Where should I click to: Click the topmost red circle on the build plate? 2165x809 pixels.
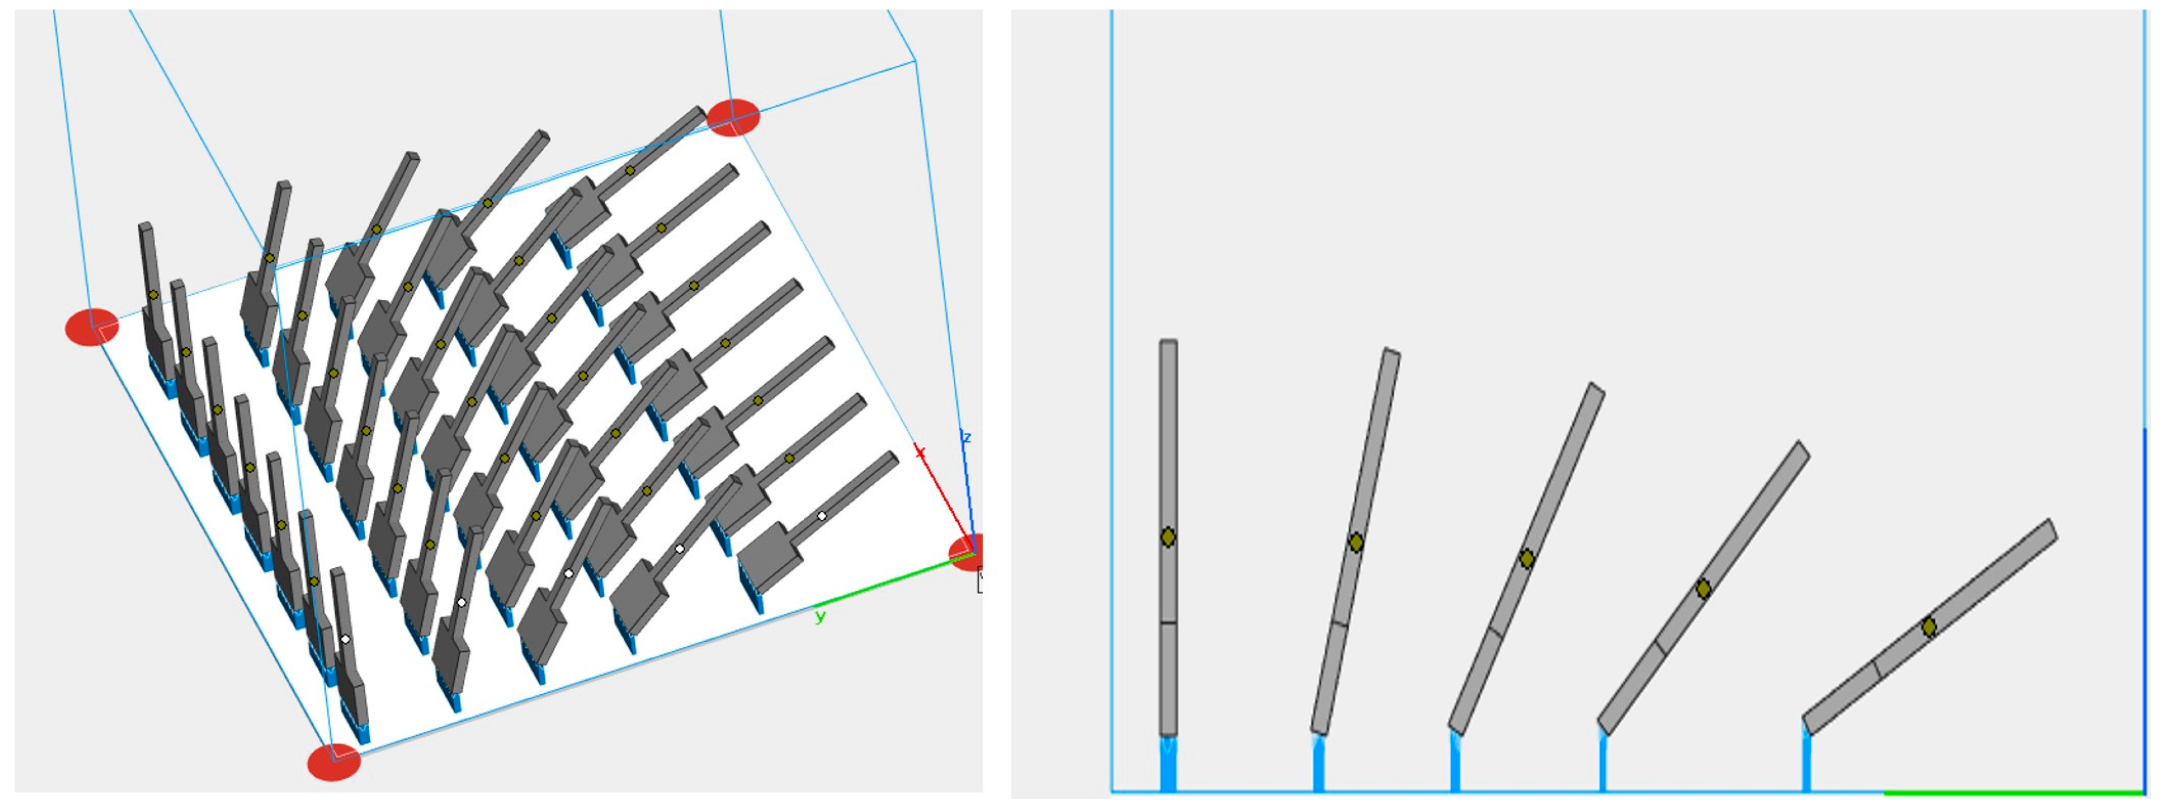(733, 117)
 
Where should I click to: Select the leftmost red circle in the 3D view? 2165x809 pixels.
(92, 327)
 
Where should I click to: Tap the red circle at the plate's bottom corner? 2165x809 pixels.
(334, 762)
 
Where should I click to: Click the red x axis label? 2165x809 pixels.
(920, 453)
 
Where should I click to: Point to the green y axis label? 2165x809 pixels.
(820, 617)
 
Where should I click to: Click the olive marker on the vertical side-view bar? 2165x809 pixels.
(1167, 537)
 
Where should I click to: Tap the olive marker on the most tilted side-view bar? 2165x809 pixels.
(1929, 627)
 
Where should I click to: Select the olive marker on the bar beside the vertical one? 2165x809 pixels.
(1356, 542)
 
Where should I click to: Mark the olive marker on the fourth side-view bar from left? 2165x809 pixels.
(1703, 588)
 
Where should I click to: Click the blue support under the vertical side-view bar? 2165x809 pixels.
(1167, 763)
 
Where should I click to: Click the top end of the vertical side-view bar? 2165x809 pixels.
(1168, 340)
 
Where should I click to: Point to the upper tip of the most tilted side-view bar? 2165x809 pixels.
(2051, 522)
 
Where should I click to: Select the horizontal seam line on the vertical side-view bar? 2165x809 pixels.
(1167, 623)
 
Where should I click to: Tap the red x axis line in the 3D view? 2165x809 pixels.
(944, 500)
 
